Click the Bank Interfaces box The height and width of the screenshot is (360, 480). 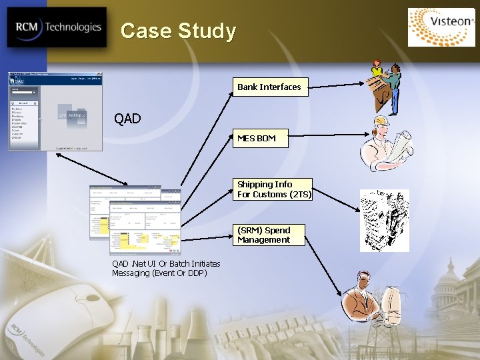[x=269, y=87]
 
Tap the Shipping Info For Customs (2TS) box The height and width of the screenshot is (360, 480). [x=273, y=189]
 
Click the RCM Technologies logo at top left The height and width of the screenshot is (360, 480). [x=57, y=27]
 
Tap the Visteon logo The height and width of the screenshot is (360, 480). [x=441, y=27]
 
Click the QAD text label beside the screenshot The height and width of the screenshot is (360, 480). [x=127, y=119]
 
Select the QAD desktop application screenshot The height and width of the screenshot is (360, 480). [x=55, y=111]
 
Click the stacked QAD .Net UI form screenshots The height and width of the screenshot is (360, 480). [x=135, y=219]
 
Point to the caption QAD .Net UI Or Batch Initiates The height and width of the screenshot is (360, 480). [x=166, y=264]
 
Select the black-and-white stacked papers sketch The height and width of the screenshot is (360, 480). [x=384, y=221]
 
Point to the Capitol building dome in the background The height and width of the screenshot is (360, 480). [x=449, y=273]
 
